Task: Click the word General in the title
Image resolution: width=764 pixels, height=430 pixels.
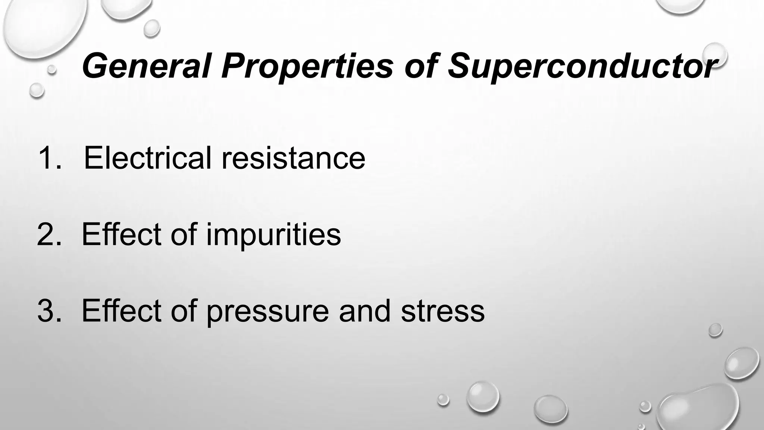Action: point(146,66)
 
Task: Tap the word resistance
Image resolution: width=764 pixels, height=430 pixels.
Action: point(293,158)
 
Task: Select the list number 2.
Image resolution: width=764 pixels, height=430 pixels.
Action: point(48,234)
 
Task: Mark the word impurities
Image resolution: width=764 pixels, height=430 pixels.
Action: point(273,234)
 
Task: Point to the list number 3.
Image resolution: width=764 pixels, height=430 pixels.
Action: point(48,311)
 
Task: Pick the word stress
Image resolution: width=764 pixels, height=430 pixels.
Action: point(442,311)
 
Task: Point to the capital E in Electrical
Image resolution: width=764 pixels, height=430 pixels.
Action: point(94,158)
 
